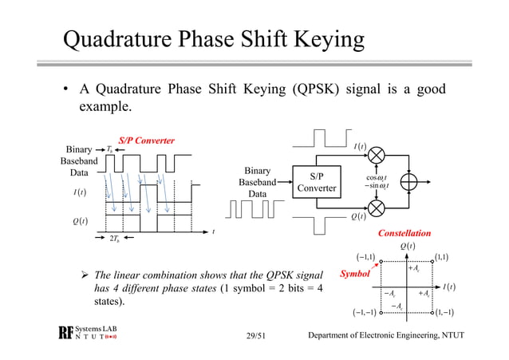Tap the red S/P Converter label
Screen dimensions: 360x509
146,141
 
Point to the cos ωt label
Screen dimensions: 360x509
378,177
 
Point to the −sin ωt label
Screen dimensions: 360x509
377,187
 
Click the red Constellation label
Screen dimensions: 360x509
404,233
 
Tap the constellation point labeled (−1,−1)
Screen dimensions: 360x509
381,312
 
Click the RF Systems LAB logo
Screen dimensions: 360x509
85,334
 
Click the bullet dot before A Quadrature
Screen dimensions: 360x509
66,89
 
